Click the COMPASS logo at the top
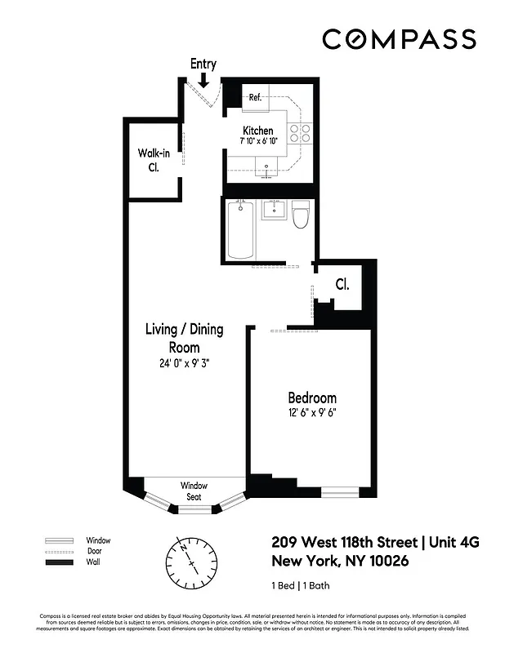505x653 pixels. (399, 39)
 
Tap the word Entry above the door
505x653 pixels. (203, 63)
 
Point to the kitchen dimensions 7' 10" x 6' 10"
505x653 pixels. (258, 142)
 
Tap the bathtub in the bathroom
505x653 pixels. (239, 231)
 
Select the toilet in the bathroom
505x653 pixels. (300, 217)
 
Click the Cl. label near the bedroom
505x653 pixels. (342, 285)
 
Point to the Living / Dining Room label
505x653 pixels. (184, 338)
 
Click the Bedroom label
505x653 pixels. (311, 398)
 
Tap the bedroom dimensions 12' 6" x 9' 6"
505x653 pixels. (311, 413)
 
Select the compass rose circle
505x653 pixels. (192, 562)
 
